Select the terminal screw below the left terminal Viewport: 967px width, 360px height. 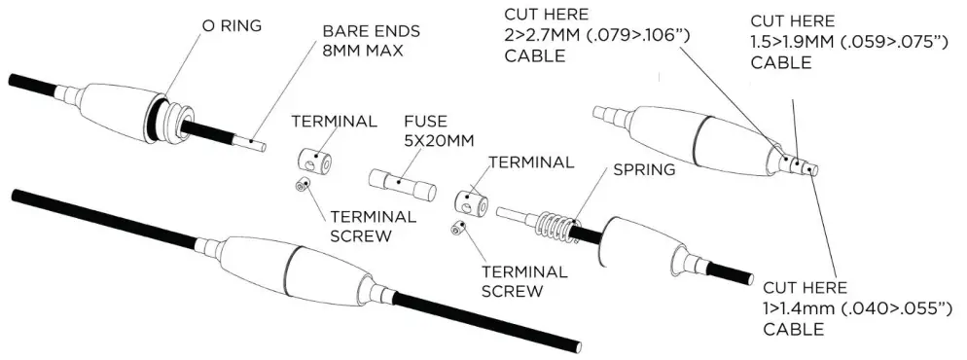[x=304, y=184]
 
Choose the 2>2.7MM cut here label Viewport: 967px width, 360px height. [x=587, y=36]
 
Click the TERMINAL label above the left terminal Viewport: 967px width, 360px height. [x=335, y=122]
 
